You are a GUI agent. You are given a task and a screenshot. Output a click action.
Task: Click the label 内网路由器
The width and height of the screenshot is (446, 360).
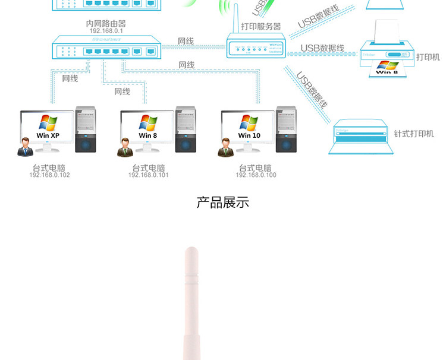106,23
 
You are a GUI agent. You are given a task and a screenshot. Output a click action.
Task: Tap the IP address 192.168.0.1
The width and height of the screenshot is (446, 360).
106,31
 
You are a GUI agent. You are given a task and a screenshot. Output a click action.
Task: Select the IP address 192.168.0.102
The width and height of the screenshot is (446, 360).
49,175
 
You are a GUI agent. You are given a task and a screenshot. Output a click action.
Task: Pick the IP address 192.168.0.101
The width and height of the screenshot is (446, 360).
149,175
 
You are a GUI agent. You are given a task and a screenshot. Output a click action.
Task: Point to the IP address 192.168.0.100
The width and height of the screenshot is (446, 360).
256,175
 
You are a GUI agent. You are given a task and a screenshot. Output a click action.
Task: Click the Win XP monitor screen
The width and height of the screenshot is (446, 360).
48,127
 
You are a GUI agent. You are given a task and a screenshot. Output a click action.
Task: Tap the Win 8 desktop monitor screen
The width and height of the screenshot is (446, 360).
148,127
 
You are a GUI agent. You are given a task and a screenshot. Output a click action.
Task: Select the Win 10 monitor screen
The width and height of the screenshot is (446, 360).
249,127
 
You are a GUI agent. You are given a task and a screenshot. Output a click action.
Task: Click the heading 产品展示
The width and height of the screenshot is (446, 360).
222,203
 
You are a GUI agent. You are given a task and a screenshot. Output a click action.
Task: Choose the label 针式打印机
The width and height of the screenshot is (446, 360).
414,134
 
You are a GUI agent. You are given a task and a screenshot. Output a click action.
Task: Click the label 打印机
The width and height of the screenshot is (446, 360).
428,57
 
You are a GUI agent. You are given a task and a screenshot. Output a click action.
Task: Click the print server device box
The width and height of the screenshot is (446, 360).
256,46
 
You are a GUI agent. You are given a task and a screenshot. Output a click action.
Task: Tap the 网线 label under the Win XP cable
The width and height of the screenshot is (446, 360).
70,78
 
